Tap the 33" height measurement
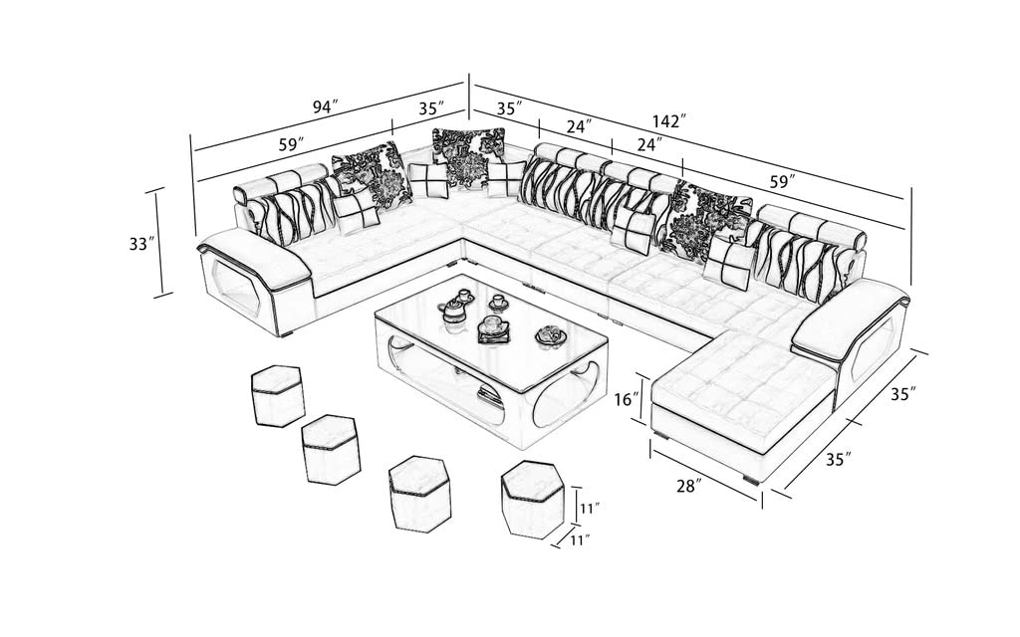click(142, 243)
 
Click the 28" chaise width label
click(688, 486)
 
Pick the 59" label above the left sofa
click(291, 144)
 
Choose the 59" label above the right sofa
click(783, 182)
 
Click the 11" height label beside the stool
click(590, 509)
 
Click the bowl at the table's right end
click(547, 336)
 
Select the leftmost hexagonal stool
click(277, 395)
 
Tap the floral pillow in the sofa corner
click(468, 155)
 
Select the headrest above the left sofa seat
click(282, 183)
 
